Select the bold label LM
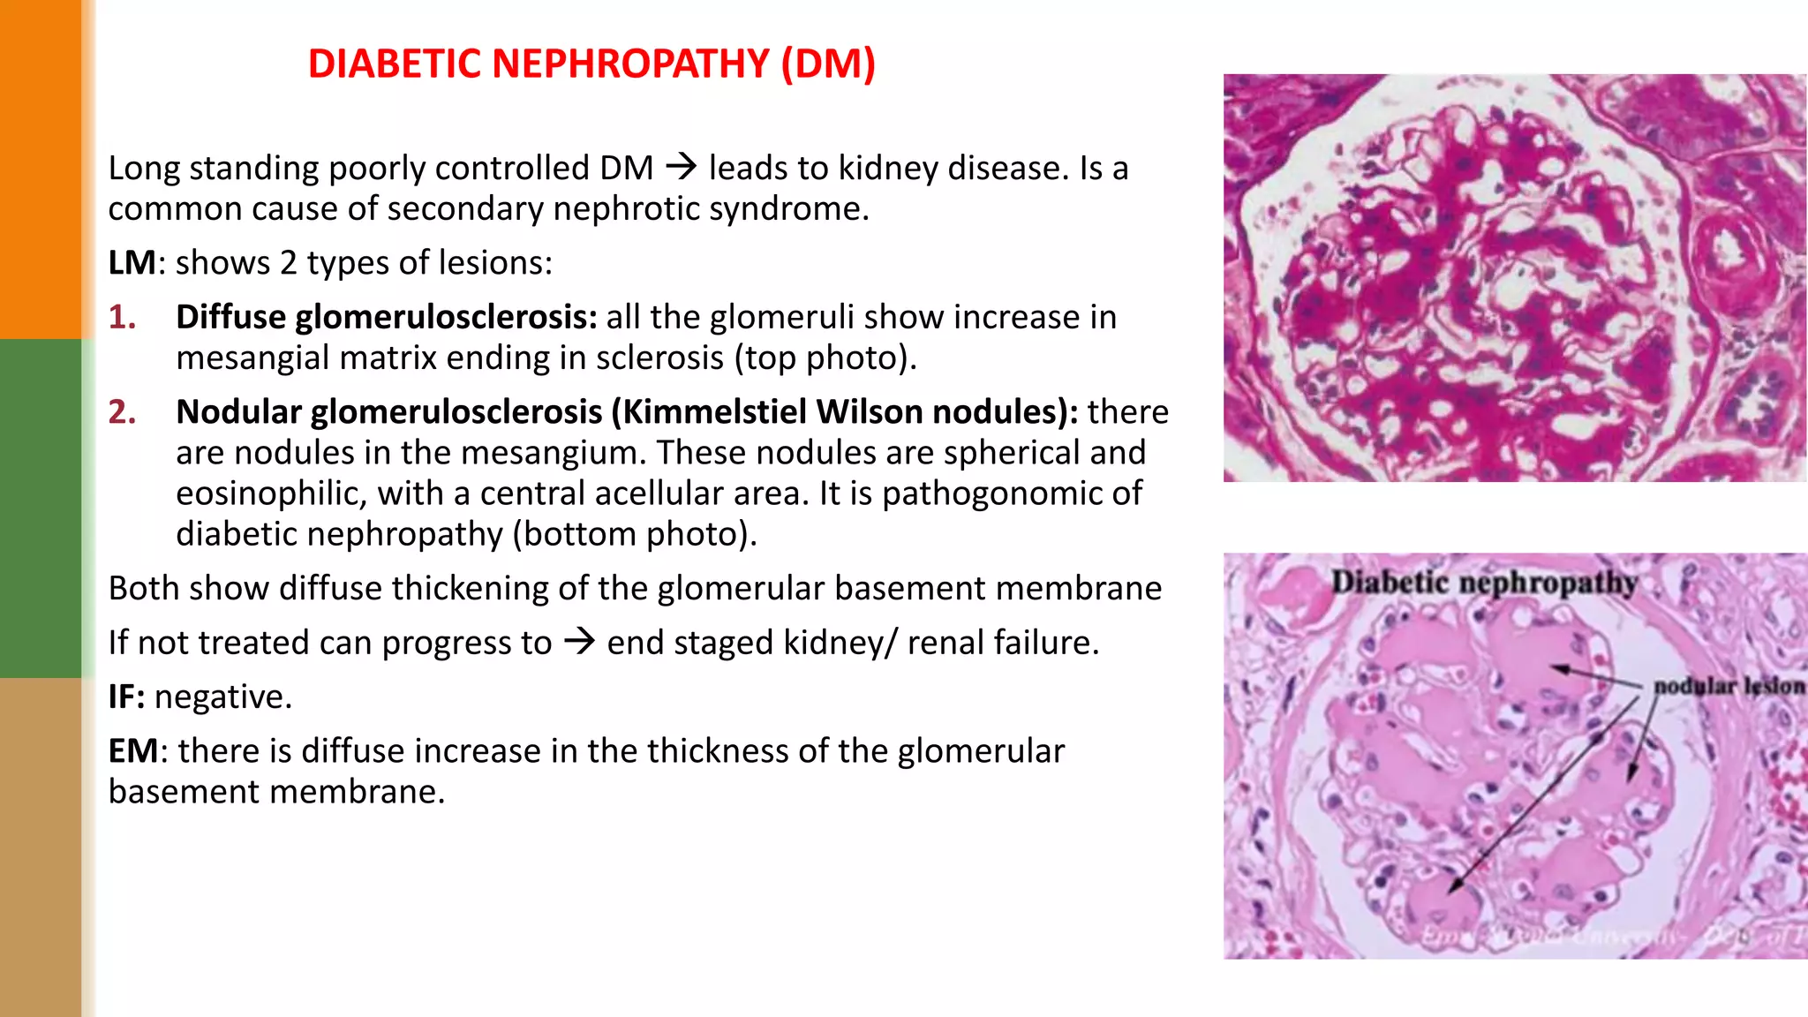click(x=132, y=263)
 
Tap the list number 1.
click(x=123, y=317)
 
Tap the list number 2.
click(x=123, y=412)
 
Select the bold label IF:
click(x=126, y=697)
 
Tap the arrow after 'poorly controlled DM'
click(x=682, y=166)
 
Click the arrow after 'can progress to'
click(x=580, y=641)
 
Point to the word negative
click(x=222, y=697)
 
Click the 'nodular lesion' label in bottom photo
click(x=1728, y=686)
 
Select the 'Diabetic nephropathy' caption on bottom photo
click(x=1484, y=583)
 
